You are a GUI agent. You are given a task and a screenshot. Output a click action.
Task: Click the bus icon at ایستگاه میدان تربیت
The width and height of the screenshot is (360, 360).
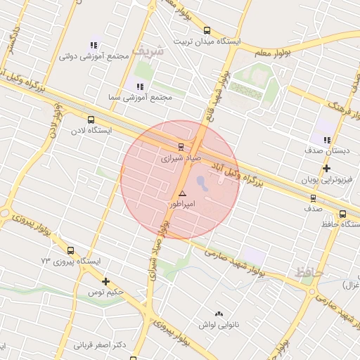coord(206,30)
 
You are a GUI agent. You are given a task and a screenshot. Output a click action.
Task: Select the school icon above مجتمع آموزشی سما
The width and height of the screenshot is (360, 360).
coord(139,86)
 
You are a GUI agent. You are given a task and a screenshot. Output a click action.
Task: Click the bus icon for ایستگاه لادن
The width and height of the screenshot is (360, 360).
coord(91,120)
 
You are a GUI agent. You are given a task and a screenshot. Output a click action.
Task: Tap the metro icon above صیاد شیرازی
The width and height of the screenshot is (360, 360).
coord(181,147)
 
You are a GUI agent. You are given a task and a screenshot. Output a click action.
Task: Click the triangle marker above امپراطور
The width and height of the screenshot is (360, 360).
coord(183,193)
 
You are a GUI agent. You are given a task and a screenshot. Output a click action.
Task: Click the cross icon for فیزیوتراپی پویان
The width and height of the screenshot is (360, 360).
coord(326,169)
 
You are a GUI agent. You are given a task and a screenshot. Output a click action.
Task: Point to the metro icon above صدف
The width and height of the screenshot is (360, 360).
coord(313,198)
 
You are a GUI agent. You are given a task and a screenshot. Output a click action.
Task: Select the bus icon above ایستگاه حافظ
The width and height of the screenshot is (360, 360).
coord(342,214)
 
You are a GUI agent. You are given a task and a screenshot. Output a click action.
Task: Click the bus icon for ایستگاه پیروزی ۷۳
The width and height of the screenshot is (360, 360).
coord(70,250)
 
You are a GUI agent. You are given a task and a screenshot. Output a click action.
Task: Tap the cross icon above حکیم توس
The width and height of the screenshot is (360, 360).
coord(105,281)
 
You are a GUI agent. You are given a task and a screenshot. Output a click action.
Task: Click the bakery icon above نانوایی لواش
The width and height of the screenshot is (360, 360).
coord(219,314)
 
